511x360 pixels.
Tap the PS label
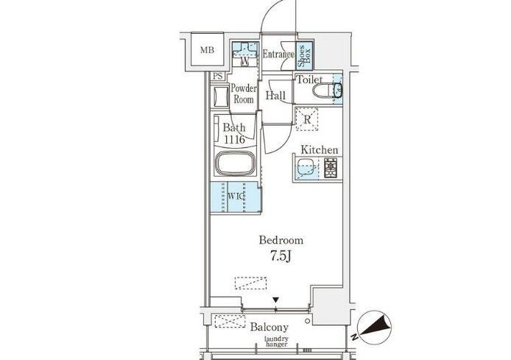click(218, 77)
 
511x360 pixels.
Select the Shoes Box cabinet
click(304, 56)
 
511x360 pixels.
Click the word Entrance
click(278, 54)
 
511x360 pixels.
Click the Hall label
click(275, 96)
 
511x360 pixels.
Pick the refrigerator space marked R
click(306, 119)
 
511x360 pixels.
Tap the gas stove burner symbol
click(331, 168)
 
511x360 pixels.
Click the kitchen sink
click(306, 168)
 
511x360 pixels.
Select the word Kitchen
click(319, 150)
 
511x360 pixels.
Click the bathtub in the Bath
click(235, 163)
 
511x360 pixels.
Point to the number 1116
click(234, 140)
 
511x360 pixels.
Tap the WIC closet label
click(236, 196)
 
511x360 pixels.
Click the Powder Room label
click(244, 93)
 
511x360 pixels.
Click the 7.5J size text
click(281, 256)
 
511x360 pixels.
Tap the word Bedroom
click(281, 241)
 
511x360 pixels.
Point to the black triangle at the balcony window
click(276, 300)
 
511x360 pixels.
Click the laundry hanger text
click(276, 342)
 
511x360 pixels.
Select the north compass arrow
click(375, 326)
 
